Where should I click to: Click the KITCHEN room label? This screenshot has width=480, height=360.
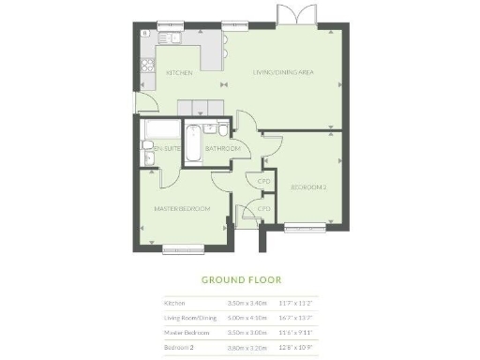coord(179,72)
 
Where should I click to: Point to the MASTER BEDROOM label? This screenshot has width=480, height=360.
coord(182,208)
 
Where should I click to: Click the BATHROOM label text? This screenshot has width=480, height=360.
coord(223,148)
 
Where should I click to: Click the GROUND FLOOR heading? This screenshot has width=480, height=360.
coord(241,279)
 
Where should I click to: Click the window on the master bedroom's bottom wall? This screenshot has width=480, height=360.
coord(183,248)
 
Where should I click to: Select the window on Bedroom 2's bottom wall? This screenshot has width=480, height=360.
coord(306,225)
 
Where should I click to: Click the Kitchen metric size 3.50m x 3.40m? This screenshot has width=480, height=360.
coord(247,303)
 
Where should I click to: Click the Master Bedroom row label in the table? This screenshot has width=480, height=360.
coord(186,331)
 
